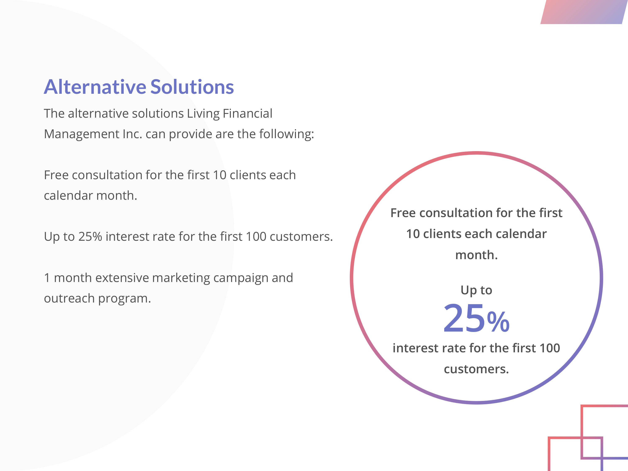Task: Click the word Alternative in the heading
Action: pyautogui.click(x=95, y=87)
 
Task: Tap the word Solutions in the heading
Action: pyautogui.click(x=192, y=87)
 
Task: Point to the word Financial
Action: pyautogui.click(x=248, y=113)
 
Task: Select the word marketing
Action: pyautogui.click(x=181, y=278)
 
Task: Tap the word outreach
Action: pyautogui.click(x=69, y=298)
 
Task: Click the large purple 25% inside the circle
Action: pyautogui.click(x=476, y=318)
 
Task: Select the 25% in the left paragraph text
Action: pyautogui.click(x=90, y=237)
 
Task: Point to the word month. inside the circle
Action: pyautogui.click(x=476, y=255)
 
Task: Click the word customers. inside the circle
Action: pyautogui.click(x=476, y=369)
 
